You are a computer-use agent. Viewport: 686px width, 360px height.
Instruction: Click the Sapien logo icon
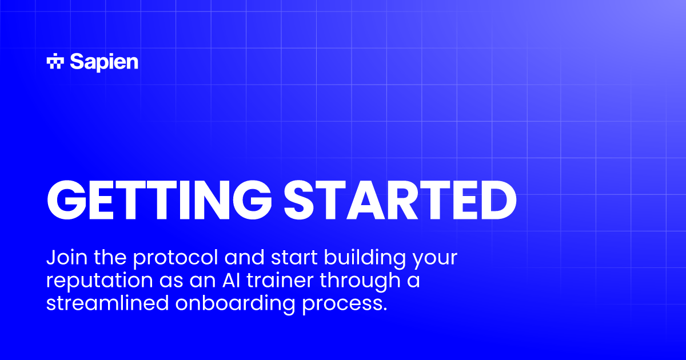coord(55,62)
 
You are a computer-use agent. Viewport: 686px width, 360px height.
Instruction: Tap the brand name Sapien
coord(103,62)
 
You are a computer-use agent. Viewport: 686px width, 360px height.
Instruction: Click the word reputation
coord(96,282)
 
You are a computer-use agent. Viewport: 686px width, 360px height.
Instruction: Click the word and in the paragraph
coord(241,258)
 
